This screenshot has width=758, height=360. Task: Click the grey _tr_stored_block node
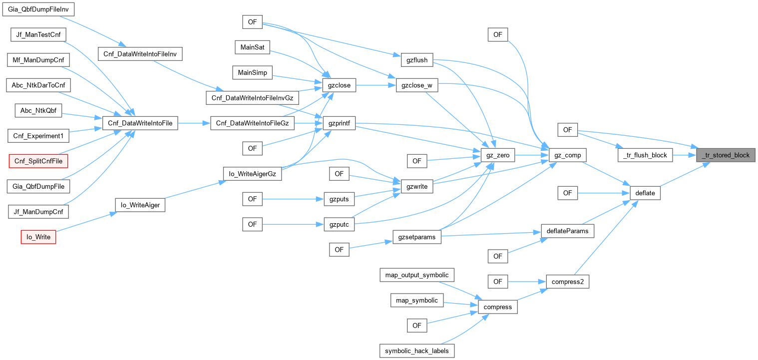coord(726,155)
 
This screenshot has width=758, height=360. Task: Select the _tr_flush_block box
coord(645,155)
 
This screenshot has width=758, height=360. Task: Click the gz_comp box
coord(568,155)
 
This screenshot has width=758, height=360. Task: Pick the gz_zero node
coord(497,155)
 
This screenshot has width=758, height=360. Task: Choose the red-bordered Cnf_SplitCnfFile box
coord(38,160)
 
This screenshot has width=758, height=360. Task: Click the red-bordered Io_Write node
coord(38,237)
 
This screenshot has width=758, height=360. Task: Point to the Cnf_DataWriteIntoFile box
coord(140,123)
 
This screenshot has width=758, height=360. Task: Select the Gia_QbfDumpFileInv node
coord(38,9)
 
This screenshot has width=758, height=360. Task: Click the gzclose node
coord(339,85)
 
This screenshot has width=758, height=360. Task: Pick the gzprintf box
coord(339,123)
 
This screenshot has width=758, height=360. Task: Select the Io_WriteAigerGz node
coord(252,174)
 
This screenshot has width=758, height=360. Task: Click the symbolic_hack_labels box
coord(417,351)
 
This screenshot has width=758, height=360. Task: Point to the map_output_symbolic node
coord(417,275)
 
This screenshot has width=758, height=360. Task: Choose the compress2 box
coord(567,282)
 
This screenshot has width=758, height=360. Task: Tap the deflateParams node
coord(568,231)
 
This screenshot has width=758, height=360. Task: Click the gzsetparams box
coord(417,237)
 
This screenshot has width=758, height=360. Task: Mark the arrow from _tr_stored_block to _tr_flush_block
coord(684,155)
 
